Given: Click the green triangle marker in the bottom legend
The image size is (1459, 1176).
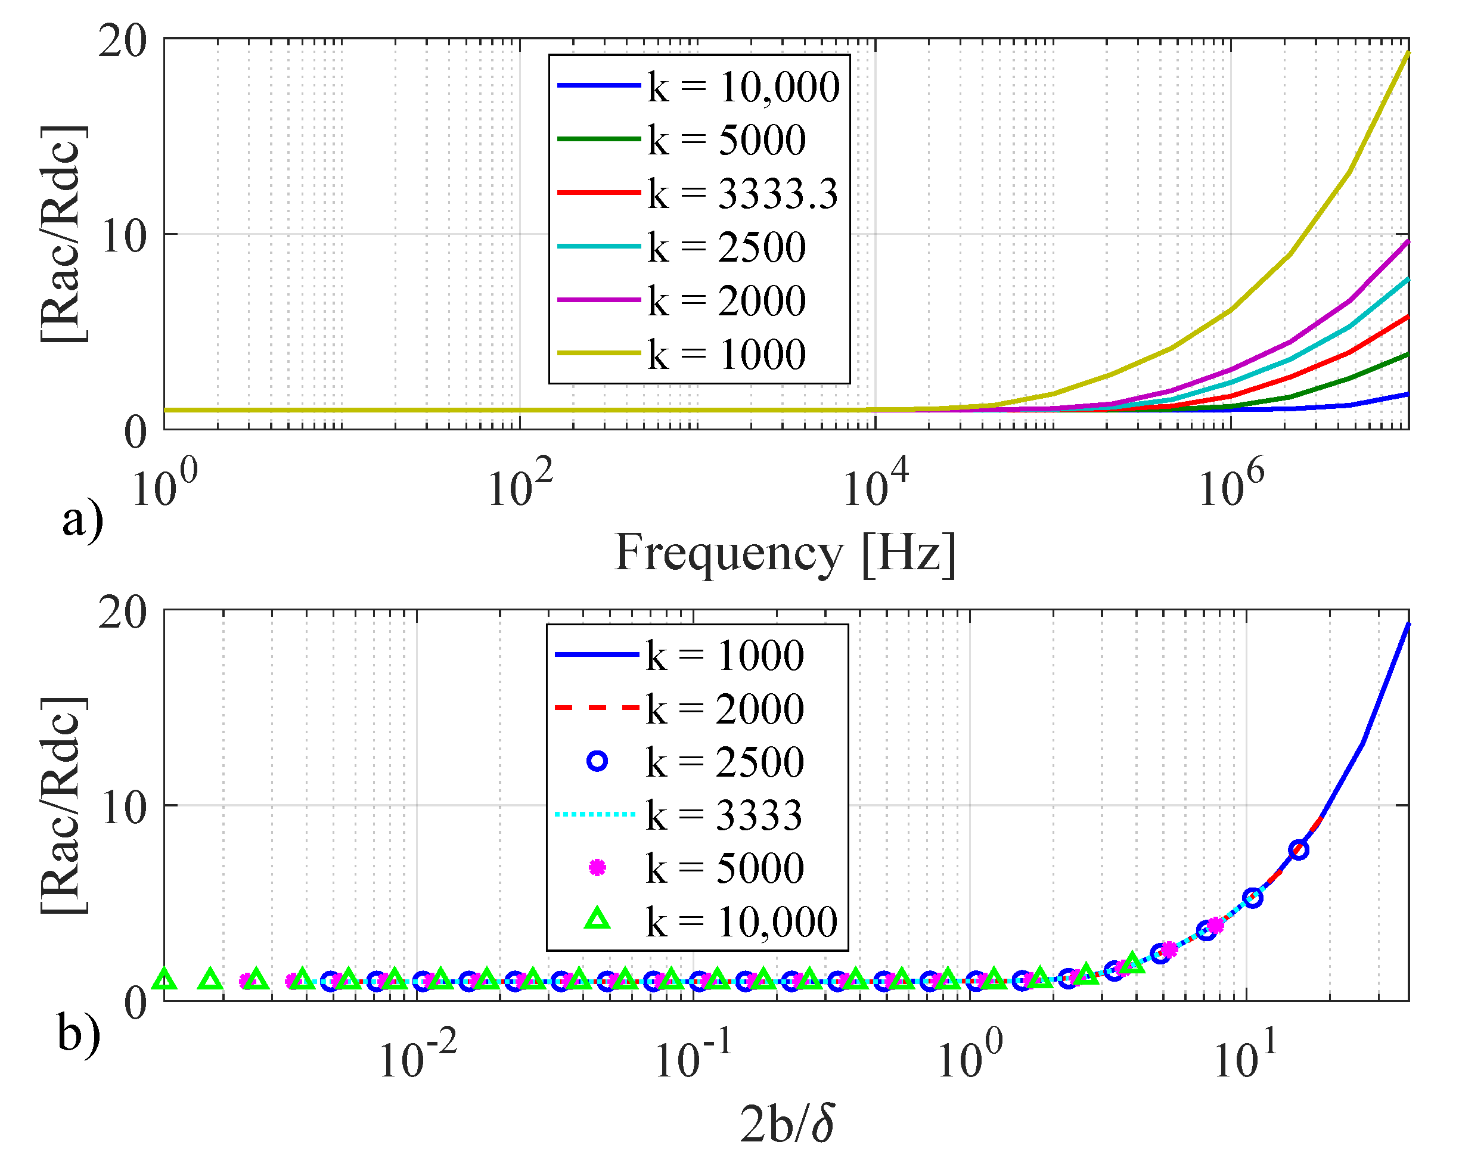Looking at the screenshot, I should click(597, 920).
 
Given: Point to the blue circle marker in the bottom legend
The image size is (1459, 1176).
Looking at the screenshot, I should click(597, 761).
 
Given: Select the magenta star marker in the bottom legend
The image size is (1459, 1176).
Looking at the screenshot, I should click(597, 868).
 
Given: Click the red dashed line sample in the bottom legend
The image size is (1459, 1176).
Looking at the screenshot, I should click(597, 708).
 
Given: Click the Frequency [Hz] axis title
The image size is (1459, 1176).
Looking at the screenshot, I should click(784, 554).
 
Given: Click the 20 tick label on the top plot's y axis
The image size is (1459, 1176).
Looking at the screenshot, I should click(123, 42).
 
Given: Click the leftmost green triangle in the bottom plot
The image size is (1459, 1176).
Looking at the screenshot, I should click(164, 979).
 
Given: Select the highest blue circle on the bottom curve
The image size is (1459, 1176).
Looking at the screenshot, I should click(1299, 850).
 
